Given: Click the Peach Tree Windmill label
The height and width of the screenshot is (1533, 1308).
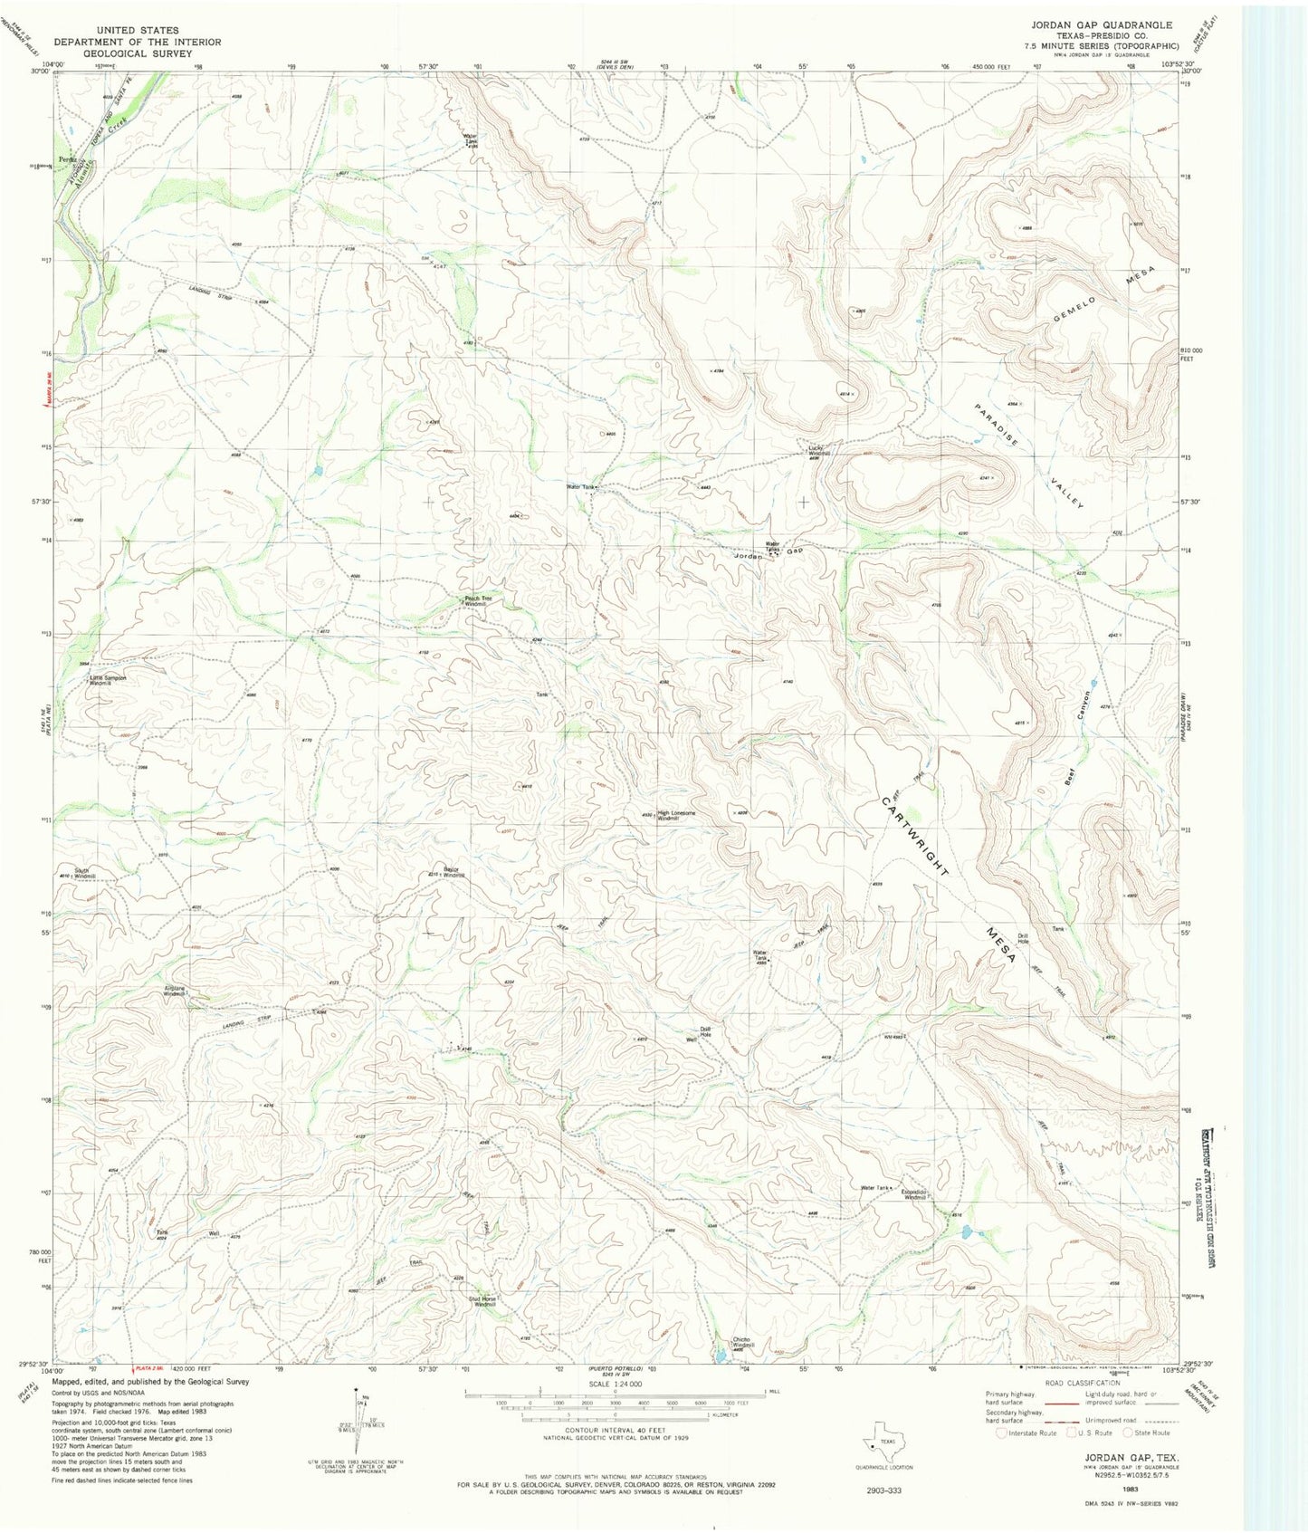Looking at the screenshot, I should pos(478,600).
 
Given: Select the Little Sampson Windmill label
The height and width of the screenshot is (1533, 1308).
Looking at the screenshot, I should pos(107,679).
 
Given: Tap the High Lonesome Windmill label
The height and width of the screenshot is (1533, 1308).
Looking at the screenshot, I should pos(677,815).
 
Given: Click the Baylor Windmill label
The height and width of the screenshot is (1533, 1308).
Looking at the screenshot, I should pos(452,872).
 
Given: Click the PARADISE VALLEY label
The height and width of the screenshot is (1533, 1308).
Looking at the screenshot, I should pos(1029,455).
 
